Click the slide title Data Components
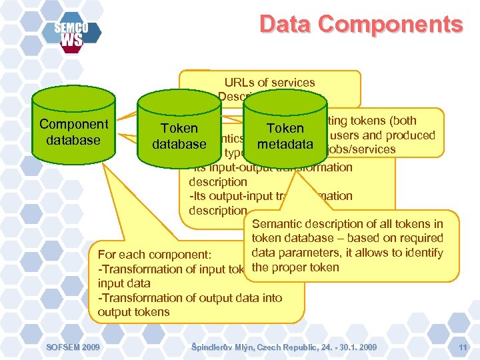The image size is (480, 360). click(x=361, y=25)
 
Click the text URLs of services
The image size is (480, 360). click(x=269, y=83)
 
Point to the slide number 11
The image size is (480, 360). click(x=463, y=347)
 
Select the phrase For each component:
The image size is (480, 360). click(x=154, y=255)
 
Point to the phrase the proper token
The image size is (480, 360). click(x=295, y=267)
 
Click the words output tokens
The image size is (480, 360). click(x=133, y=312)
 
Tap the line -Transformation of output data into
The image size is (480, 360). click(x=190, y=298)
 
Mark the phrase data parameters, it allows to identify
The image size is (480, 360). click(x=347, y=253)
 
